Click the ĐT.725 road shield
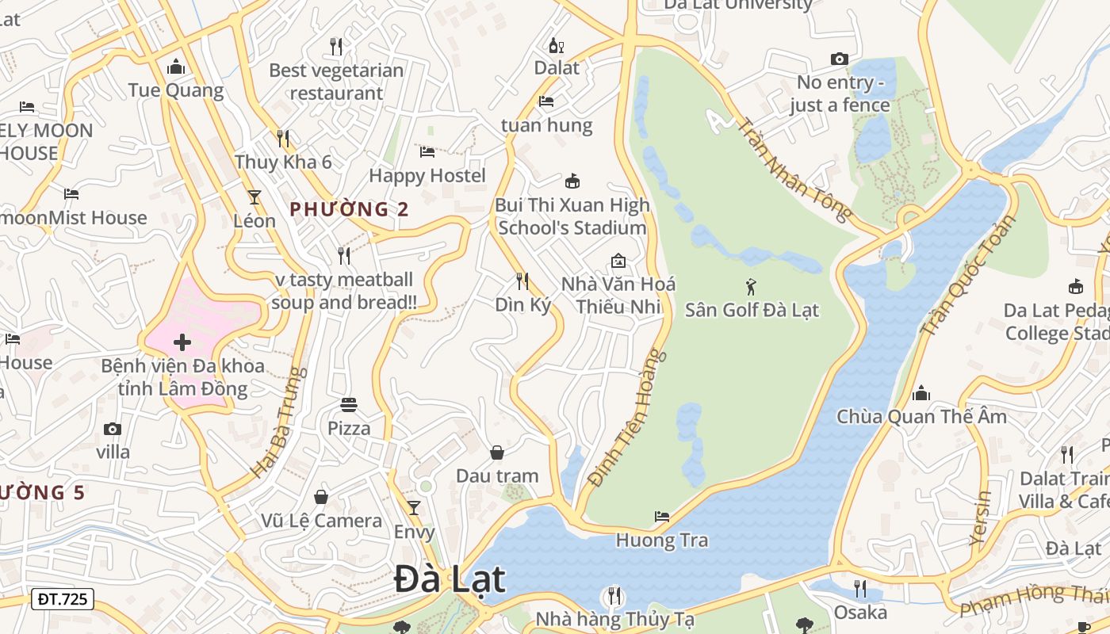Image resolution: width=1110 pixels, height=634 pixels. [63, 599]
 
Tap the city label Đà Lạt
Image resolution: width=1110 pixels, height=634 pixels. [449, 579]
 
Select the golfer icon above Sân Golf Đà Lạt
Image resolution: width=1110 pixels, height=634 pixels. [751, 286]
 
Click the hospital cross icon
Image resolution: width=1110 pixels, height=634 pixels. [182, 342]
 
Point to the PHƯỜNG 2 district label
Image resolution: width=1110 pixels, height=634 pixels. [349, 209]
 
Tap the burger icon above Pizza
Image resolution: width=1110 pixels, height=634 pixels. [349, 405]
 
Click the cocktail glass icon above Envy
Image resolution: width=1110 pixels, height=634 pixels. [413, 507]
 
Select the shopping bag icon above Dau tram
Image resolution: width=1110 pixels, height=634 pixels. [497, 453]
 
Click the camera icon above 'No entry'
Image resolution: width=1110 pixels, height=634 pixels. [839, 59]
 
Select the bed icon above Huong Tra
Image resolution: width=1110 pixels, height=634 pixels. [662, 517]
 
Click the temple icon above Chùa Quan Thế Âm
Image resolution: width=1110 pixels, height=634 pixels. [921, 393]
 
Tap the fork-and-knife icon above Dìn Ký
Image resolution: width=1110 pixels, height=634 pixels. [522, 281]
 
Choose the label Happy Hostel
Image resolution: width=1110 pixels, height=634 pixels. [427, 175]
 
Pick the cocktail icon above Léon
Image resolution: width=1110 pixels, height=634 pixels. [255, 197]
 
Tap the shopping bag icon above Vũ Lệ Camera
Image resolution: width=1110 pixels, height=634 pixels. [321, 497]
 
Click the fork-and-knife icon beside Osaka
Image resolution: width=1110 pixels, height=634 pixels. [860, 588]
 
